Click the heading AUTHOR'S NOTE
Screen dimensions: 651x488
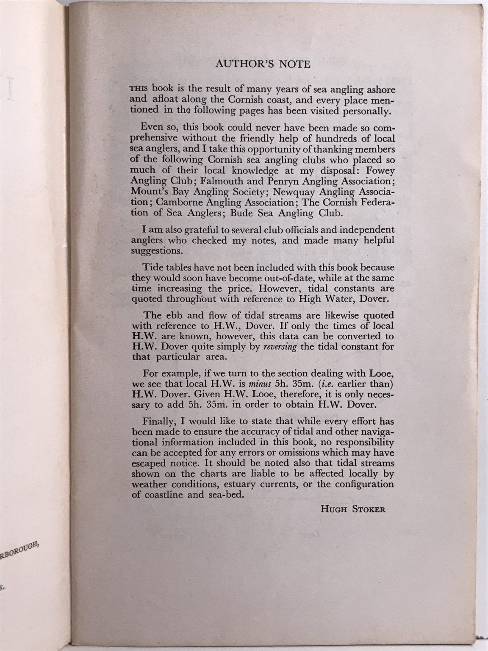(x=263, y=64)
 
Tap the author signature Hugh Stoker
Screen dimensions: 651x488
(x=353, y=509)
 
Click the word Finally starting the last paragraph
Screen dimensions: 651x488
(x=158, y=422)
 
